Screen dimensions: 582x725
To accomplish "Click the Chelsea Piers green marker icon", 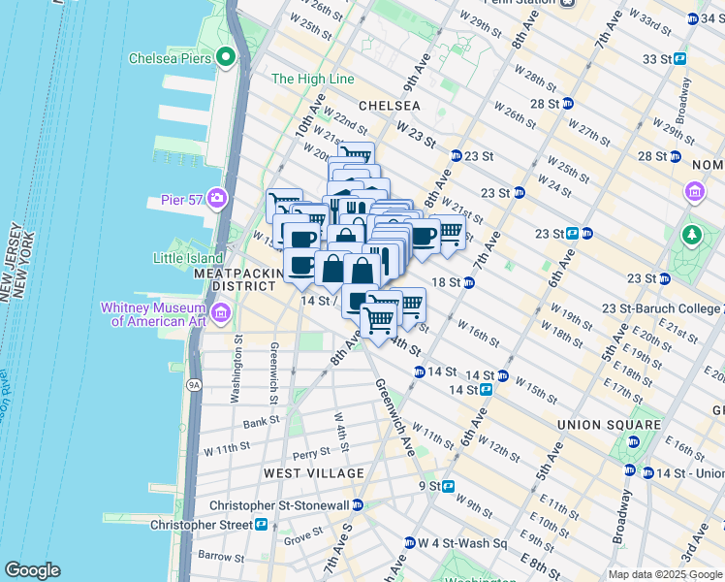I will pos(227,58).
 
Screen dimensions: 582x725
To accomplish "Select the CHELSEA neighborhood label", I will pos(390,105).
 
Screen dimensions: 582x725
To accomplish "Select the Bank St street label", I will pos(262,423).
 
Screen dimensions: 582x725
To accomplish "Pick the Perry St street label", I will pos(311,453).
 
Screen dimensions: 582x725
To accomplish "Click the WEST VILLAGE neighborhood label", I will pos(314,473).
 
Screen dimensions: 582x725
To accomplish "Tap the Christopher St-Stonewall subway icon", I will pos(358,504).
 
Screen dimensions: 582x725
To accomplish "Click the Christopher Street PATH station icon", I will pos(261,524).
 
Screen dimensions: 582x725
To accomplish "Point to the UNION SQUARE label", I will pos(609,425).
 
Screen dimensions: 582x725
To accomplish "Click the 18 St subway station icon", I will pos(468,282).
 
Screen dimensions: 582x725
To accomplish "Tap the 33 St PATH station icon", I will pos(679,58).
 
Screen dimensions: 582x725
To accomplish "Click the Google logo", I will pos(32,570).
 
